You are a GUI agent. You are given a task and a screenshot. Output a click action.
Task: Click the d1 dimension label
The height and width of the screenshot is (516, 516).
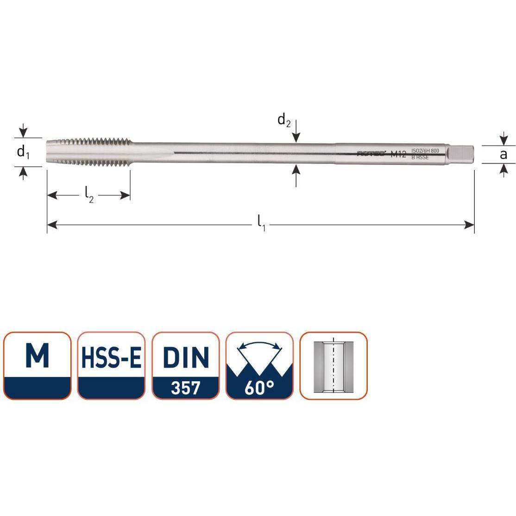tap(23, 152)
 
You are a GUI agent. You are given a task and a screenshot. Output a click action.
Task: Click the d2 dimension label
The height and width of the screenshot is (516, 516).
tap(284, 121)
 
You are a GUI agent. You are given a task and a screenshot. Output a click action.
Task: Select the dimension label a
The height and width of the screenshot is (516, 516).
tap(503, 154)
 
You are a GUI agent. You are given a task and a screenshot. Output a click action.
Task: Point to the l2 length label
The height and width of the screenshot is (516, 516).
tap(89, 197)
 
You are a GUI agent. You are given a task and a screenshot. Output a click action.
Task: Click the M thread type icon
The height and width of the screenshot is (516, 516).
tap(37, 365)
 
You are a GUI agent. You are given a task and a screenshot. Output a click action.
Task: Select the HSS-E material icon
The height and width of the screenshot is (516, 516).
tap(111, 365)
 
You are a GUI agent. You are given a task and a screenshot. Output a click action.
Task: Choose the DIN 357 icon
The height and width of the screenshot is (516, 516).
tap(185, 365)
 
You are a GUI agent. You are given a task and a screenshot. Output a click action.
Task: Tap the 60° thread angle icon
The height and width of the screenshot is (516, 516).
tap(259, 365)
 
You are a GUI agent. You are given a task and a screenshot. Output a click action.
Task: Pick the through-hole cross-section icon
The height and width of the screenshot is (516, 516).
tap(334, 365)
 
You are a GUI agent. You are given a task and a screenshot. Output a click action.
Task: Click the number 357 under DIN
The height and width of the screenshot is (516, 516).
tap(185, 388)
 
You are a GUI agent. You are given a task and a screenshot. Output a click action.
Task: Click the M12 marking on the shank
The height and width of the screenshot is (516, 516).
tap(398, 154)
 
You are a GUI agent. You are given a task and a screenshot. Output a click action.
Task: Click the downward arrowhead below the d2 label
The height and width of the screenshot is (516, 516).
tap(296, 137)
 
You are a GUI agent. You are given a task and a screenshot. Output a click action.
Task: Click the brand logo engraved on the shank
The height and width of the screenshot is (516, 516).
tap(371, 154)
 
